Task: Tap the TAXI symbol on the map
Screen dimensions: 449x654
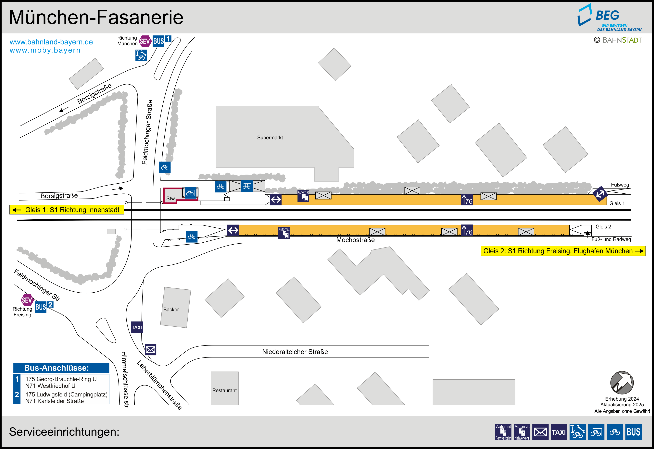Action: (x=137, y=327)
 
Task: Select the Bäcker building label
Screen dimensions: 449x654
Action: (x=171, y=309)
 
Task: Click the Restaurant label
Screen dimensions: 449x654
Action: (x=224, y=390)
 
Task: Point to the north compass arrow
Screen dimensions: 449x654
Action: (x=622, y=383)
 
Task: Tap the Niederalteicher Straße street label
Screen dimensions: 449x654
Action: (x=295, y=352)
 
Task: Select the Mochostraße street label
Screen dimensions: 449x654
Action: (x=355, y=240)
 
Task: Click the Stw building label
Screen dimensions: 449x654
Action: (x=170, y=198)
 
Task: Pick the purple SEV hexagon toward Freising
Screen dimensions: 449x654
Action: (x=27, y=300)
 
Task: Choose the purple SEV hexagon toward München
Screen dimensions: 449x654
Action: (x=145, y=41)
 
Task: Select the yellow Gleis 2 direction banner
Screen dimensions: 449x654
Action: (x=563, y=251)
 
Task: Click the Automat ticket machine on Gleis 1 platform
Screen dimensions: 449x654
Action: (x=303, y=196)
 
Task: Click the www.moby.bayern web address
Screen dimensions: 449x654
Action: (x=45, y=50)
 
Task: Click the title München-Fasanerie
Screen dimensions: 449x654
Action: (x=96, y=18)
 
